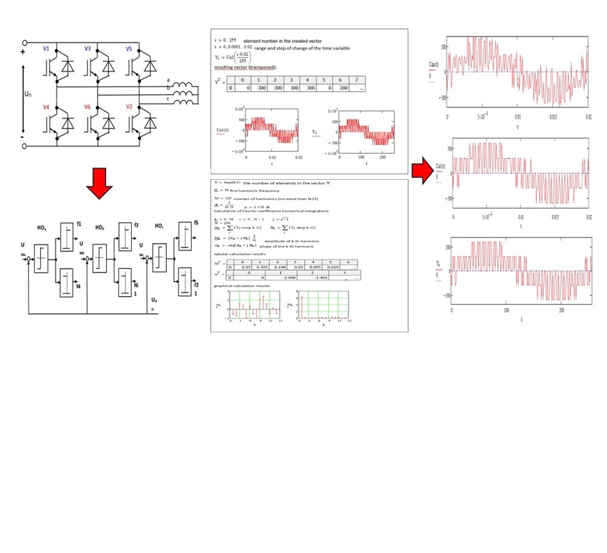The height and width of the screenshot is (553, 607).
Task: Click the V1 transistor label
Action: point(46,49)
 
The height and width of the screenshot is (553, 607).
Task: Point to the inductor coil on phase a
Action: point(183,84)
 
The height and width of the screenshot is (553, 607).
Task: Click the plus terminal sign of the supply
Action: point(23,53)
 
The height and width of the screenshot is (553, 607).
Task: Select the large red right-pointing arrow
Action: point(423,171)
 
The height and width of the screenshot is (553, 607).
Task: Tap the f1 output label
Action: point(79,224)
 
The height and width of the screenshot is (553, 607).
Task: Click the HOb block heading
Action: point(100,227)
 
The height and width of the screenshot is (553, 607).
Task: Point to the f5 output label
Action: point(196,223)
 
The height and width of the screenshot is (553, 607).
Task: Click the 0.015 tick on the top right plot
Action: point(553,117)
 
